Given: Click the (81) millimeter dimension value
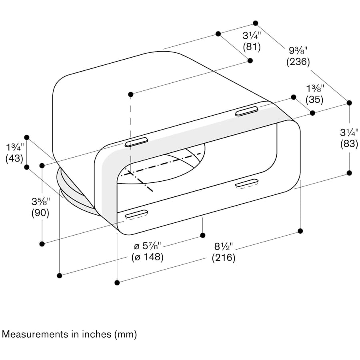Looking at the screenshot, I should pos(252,47).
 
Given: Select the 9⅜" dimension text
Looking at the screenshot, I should pos(298,51).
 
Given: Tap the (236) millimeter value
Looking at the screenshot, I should pos(298,62).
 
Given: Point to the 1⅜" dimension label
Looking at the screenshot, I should pos(315,88).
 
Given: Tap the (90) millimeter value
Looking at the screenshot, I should pos(40,213).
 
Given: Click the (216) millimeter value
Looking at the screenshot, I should pos(223,258).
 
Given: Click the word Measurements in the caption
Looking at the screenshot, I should pos(30,334).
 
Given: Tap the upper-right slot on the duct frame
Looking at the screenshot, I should pos(247,112).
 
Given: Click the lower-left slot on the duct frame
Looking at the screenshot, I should pos(136,214).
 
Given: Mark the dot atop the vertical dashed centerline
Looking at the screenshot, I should pos(130,94).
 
